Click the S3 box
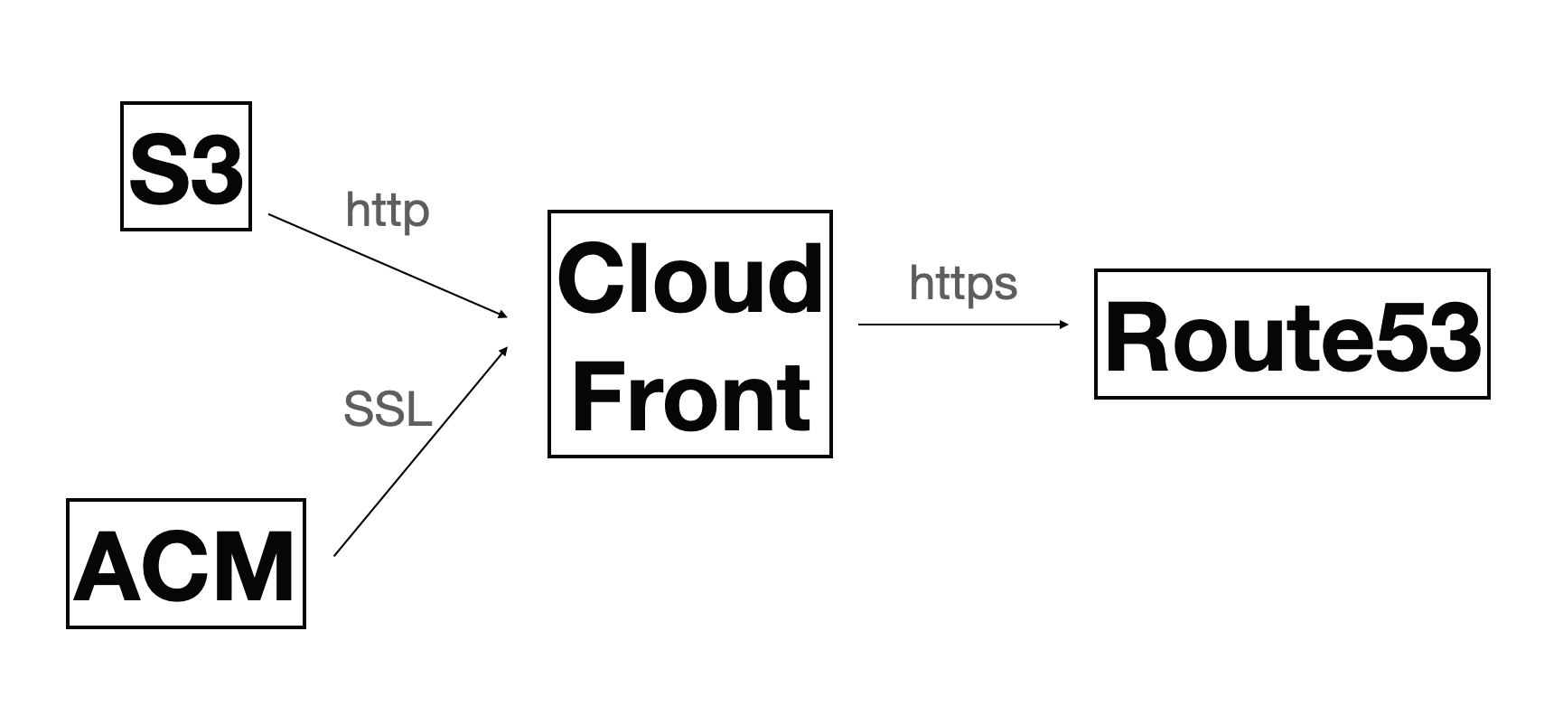pyautogui.click(x=186, y=166)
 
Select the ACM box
pyautogui.click(x=186, y=563)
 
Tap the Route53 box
pyautogui.click(x=1291, y=334)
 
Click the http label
pyautogui.click(x=387, y=212)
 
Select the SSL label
pyautogui.click(x=388, y=410)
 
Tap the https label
pyautogui.click(x=963, y=284)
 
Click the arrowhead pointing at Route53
pyautogui.click(x=1063, y=324)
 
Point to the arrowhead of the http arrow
pyautogui.click(x=502, y=315)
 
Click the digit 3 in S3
pyautogui.click(x=214, y=168)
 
